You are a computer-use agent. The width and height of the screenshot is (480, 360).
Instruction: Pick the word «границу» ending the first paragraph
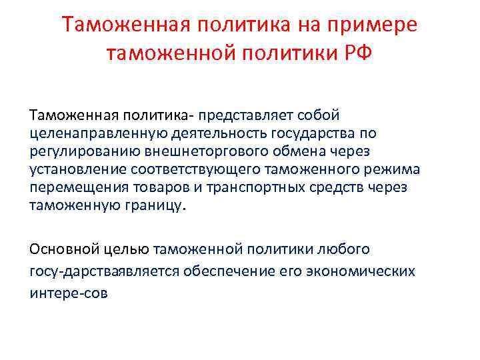pyautogui.click(x=150, y=189)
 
